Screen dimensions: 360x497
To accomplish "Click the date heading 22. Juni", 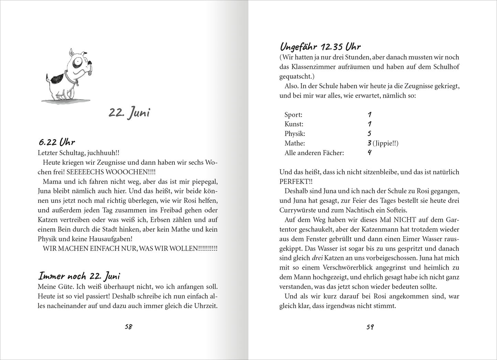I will pos(129,113).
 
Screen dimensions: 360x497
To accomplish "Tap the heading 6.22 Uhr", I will pos(56,142).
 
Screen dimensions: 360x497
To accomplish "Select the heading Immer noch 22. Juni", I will pos(79,276).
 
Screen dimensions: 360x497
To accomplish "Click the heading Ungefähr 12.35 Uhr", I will pos(320,47).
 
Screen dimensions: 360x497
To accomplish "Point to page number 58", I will pos(128,327).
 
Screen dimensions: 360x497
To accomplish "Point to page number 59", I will pos(370,327).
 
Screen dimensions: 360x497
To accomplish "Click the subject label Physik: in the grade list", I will pos(295,134).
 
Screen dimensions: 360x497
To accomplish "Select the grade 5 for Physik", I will pos(369,133).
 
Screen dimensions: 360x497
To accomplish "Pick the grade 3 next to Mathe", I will pos(369,143).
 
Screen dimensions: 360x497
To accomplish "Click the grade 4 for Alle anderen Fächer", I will pos(369,152).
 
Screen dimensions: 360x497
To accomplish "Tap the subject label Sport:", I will pos(293,115).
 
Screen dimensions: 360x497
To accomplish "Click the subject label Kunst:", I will pos(294,124).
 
